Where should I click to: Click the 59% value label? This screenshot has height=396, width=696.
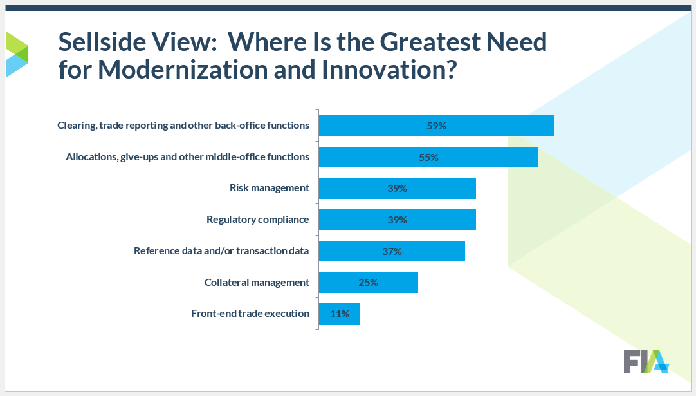[x=436, y=126]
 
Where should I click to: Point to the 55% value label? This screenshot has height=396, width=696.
[x=428, y=157]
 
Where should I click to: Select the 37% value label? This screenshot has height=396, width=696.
[x=392, y=251]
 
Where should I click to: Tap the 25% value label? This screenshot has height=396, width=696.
[x=368, y=282]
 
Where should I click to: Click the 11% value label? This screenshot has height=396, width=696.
[x=340, y=314]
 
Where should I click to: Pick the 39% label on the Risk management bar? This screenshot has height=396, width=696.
[x=397, y=188]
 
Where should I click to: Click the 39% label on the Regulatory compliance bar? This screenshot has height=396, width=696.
[x=397, y=220]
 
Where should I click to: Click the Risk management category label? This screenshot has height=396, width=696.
[x=270, y=188]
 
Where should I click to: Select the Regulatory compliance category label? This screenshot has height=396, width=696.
[x=257, y=220]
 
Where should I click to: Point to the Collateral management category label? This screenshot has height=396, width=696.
[x=257, y=282]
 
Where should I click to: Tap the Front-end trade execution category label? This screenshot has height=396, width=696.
[x=250, y=314]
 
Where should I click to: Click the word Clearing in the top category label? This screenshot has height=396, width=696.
[x=75, y=126]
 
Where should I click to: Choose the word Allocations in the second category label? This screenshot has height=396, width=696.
[x=91, y=157]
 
